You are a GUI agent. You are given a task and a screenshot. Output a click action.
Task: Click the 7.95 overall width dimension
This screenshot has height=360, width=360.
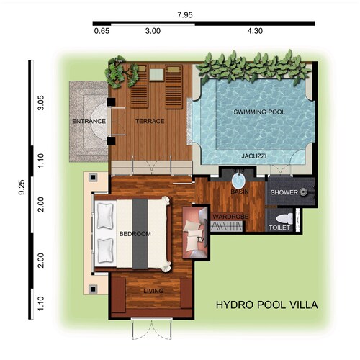point(185,15)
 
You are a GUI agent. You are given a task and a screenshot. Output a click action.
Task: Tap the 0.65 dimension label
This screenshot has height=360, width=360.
point(102,31)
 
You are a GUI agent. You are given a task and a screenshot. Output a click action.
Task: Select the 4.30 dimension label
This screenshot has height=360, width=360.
point(255,31)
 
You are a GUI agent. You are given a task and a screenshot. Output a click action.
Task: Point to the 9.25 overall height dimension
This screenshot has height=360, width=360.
point(22,187)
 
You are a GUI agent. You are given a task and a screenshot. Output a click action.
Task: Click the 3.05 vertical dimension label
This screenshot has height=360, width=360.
point(41,103)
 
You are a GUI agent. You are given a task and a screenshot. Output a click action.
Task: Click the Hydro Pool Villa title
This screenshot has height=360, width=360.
point(267,305)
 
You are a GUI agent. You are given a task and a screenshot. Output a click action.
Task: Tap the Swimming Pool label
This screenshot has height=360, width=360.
point(259,112)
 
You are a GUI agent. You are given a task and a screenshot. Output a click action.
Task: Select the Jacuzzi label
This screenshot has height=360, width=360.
point(254,156)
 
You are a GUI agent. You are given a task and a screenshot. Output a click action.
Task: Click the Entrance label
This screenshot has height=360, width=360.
point(89,121)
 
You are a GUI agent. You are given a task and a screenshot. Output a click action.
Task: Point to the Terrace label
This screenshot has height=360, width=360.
point(150,121)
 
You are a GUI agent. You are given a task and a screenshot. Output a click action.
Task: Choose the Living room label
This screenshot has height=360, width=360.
point(153,291)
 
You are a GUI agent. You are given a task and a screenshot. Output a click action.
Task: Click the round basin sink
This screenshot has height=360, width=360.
point(238,181)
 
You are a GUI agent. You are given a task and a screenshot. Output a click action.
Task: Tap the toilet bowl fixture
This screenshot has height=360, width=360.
point(284,218)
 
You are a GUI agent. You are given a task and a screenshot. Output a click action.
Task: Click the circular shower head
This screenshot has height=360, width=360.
point(303,192)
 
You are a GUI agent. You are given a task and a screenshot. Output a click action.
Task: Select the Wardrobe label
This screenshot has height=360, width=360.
point(230,217)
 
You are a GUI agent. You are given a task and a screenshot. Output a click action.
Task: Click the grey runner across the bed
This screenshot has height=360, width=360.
point(140,234)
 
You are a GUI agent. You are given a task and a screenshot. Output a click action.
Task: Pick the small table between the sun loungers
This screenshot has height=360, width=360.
point(156,75)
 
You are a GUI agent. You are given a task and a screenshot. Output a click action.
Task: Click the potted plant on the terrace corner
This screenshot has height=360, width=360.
point(122,71)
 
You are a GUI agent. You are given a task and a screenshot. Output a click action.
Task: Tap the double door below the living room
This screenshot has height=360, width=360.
point(152,329)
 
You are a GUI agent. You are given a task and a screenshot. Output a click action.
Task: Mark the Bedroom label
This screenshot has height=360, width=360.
point(135,234)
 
